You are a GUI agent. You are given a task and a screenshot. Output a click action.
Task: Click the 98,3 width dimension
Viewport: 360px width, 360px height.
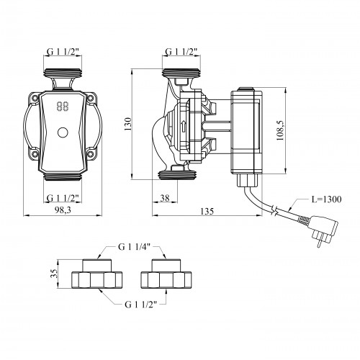pos(63,210)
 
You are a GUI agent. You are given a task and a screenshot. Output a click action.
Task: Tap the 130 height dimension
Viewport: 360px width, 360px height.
pos(128,124)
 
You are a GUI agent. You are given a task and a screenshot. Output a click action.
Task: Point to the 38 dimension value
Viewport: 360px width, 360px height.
pos(165,198)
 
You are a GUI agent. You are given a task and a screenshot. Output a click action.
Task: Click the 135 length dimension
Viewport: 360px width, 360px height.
pos(207,211)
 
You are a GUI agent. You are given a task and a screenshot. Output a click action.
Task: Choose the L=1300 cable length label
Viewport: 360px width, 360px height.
pos(326,199)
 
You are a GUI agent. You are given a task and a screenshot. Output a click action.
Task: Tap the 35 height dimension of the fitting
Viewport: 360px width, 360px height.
pos(54,273)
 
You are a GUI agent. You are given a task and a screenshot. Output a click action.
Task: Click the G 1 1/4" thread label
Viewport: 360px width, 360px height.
pos(134,247)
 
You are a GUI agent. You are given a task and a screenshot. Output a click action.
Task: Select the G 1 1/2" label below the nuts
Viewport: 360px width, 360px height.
pos(141,305)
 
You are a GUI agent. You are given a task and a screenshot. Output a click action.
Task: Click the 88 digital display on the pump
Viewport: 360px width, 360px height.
pos(63,106)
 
